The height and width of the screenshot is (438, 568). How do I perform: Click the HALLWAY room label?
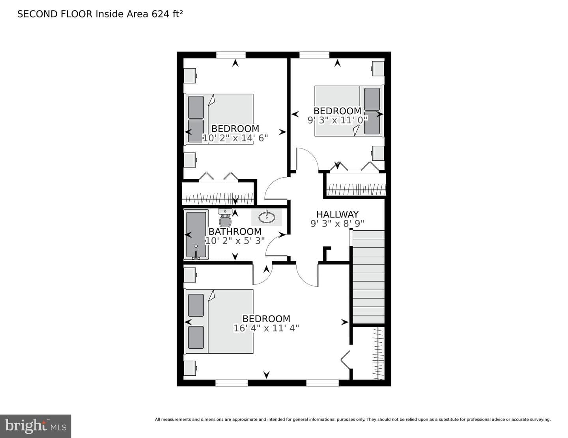point(337,214)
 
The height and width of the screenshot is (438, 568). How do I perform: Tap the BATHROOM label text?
point(235,232)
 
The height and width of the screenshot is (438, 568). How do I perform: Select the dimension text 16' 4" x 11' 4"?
point(266,328)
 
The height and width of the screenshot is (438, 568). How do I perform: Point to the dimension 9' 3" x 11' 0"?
point(338,120)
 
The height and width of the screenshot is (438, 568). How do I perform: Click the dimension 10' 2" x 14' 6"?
point(235,138)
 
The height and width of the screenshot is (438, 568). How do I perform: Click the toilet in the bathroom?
point(225,218)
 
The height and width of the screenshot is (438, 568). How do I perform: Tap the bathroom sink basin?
point(267,217)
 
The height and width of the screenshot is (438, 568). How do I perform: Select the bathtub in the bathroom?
point(196,234)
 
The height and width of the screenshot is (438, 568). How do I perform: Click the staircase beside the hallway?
point(368,277)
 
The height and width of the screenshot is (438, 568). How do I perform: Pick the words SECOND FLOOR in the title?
point(55,14)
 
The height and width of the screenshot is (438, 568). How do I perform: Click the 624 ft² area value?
point(167,14)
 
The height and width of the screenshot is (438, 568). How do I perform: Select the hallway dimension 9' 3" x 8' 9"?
point(337,224)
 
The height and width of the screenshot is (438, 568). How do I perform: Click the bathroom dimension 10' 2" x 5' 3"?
point(235,241)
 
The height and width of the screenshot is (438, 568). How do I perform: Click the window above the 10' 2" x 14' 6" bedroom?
point(231,55)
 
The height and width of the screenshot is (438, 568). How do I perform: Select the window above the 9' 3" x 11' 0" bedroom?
point(314,55)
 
